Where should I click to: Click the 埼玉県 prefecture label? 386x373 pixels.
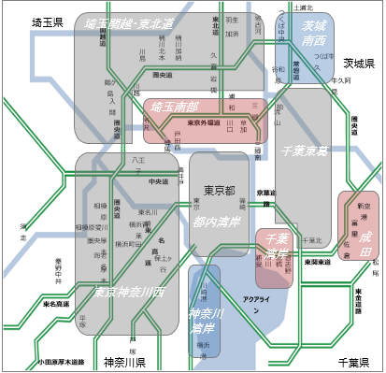[x=47, y=21]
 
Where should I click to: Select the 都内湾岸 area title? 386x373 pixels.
[x=218, y=222]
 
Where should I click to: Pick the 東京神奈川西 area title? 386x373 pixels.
[x=129, y=292]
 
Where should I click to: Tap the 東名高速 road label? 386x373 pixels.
[x=56, y=304]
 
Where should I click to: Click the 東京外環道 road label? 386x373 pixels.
[x=210, y=122]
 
